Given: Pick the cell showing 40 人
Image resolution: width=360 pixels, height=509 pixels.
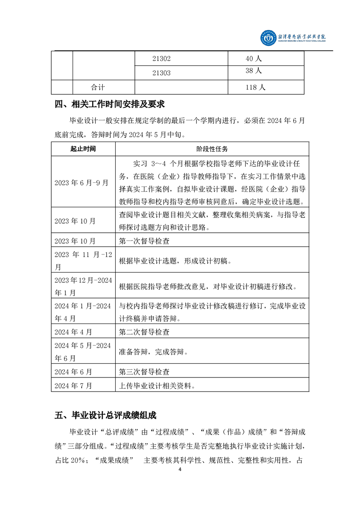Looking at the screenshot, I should (x=254, y=59).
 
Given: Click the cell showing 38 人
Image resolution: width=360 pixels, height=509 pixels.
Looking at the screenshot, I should (x=254, y=71).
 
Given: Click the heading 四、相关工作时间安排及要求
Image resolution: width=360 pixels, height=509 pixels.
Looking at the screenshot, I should (x=109, y=105).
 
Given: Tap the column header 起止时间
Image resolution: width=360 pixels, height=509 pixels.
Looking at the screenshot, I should (x=83, y=149).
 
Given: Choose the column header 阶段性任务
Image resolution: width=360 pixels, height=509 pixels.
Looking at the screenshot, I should (x=212, y=149).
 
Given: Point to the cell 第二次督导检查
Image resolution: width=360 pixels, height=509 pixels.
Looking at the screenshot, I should (x=144, y=332).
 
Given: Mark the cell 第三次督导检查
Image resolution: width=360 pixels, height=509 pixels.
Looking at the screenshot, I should (x=144, y=372).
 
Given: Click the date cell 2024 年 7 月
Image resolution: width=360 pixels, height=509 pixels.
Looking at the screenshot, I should (x=73, y=386).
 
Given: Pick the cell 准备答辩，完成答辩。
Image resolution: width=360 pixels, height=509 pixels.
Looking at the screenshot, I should (x=153, y=352).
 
